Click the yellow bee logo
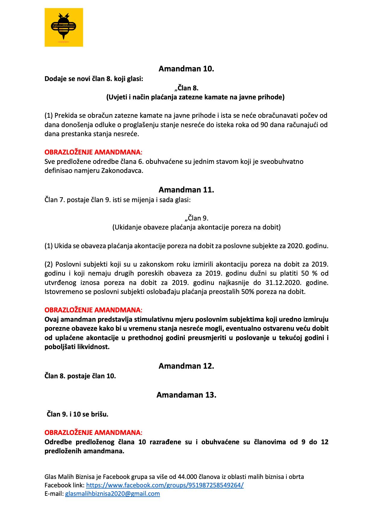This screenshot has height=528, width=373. (x=64, y=27)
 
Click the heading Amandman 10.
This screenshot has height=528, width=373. (x=186, y=69)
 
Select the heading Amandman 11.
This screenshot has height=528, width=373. (x=186, y=190)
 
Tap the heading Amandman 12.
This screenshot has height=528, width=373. (x=186, y=366)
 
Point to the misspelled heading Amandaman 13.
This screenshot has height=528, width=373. (x=186, y=395)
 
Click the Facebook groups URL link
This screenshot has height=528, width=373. (x=165, y=485)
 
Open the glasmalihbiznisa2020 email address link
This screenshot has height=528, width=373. (x=112, y=494)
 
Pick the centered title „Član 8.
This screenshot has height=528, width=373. (x=186, y=88)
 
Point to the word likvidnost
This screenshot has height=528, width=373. (x=94, y=347)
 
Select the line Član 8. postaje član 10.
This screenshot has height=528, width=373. (x=80, y=376)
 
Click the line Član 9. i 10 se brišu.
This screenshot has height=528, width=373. (x=78, y=414)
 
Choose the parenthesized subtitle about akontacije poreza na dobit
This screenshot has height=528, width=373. (x=196, y=227)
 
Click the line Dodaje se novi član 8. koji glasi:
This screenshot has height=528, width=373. (x=94, y=79)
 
